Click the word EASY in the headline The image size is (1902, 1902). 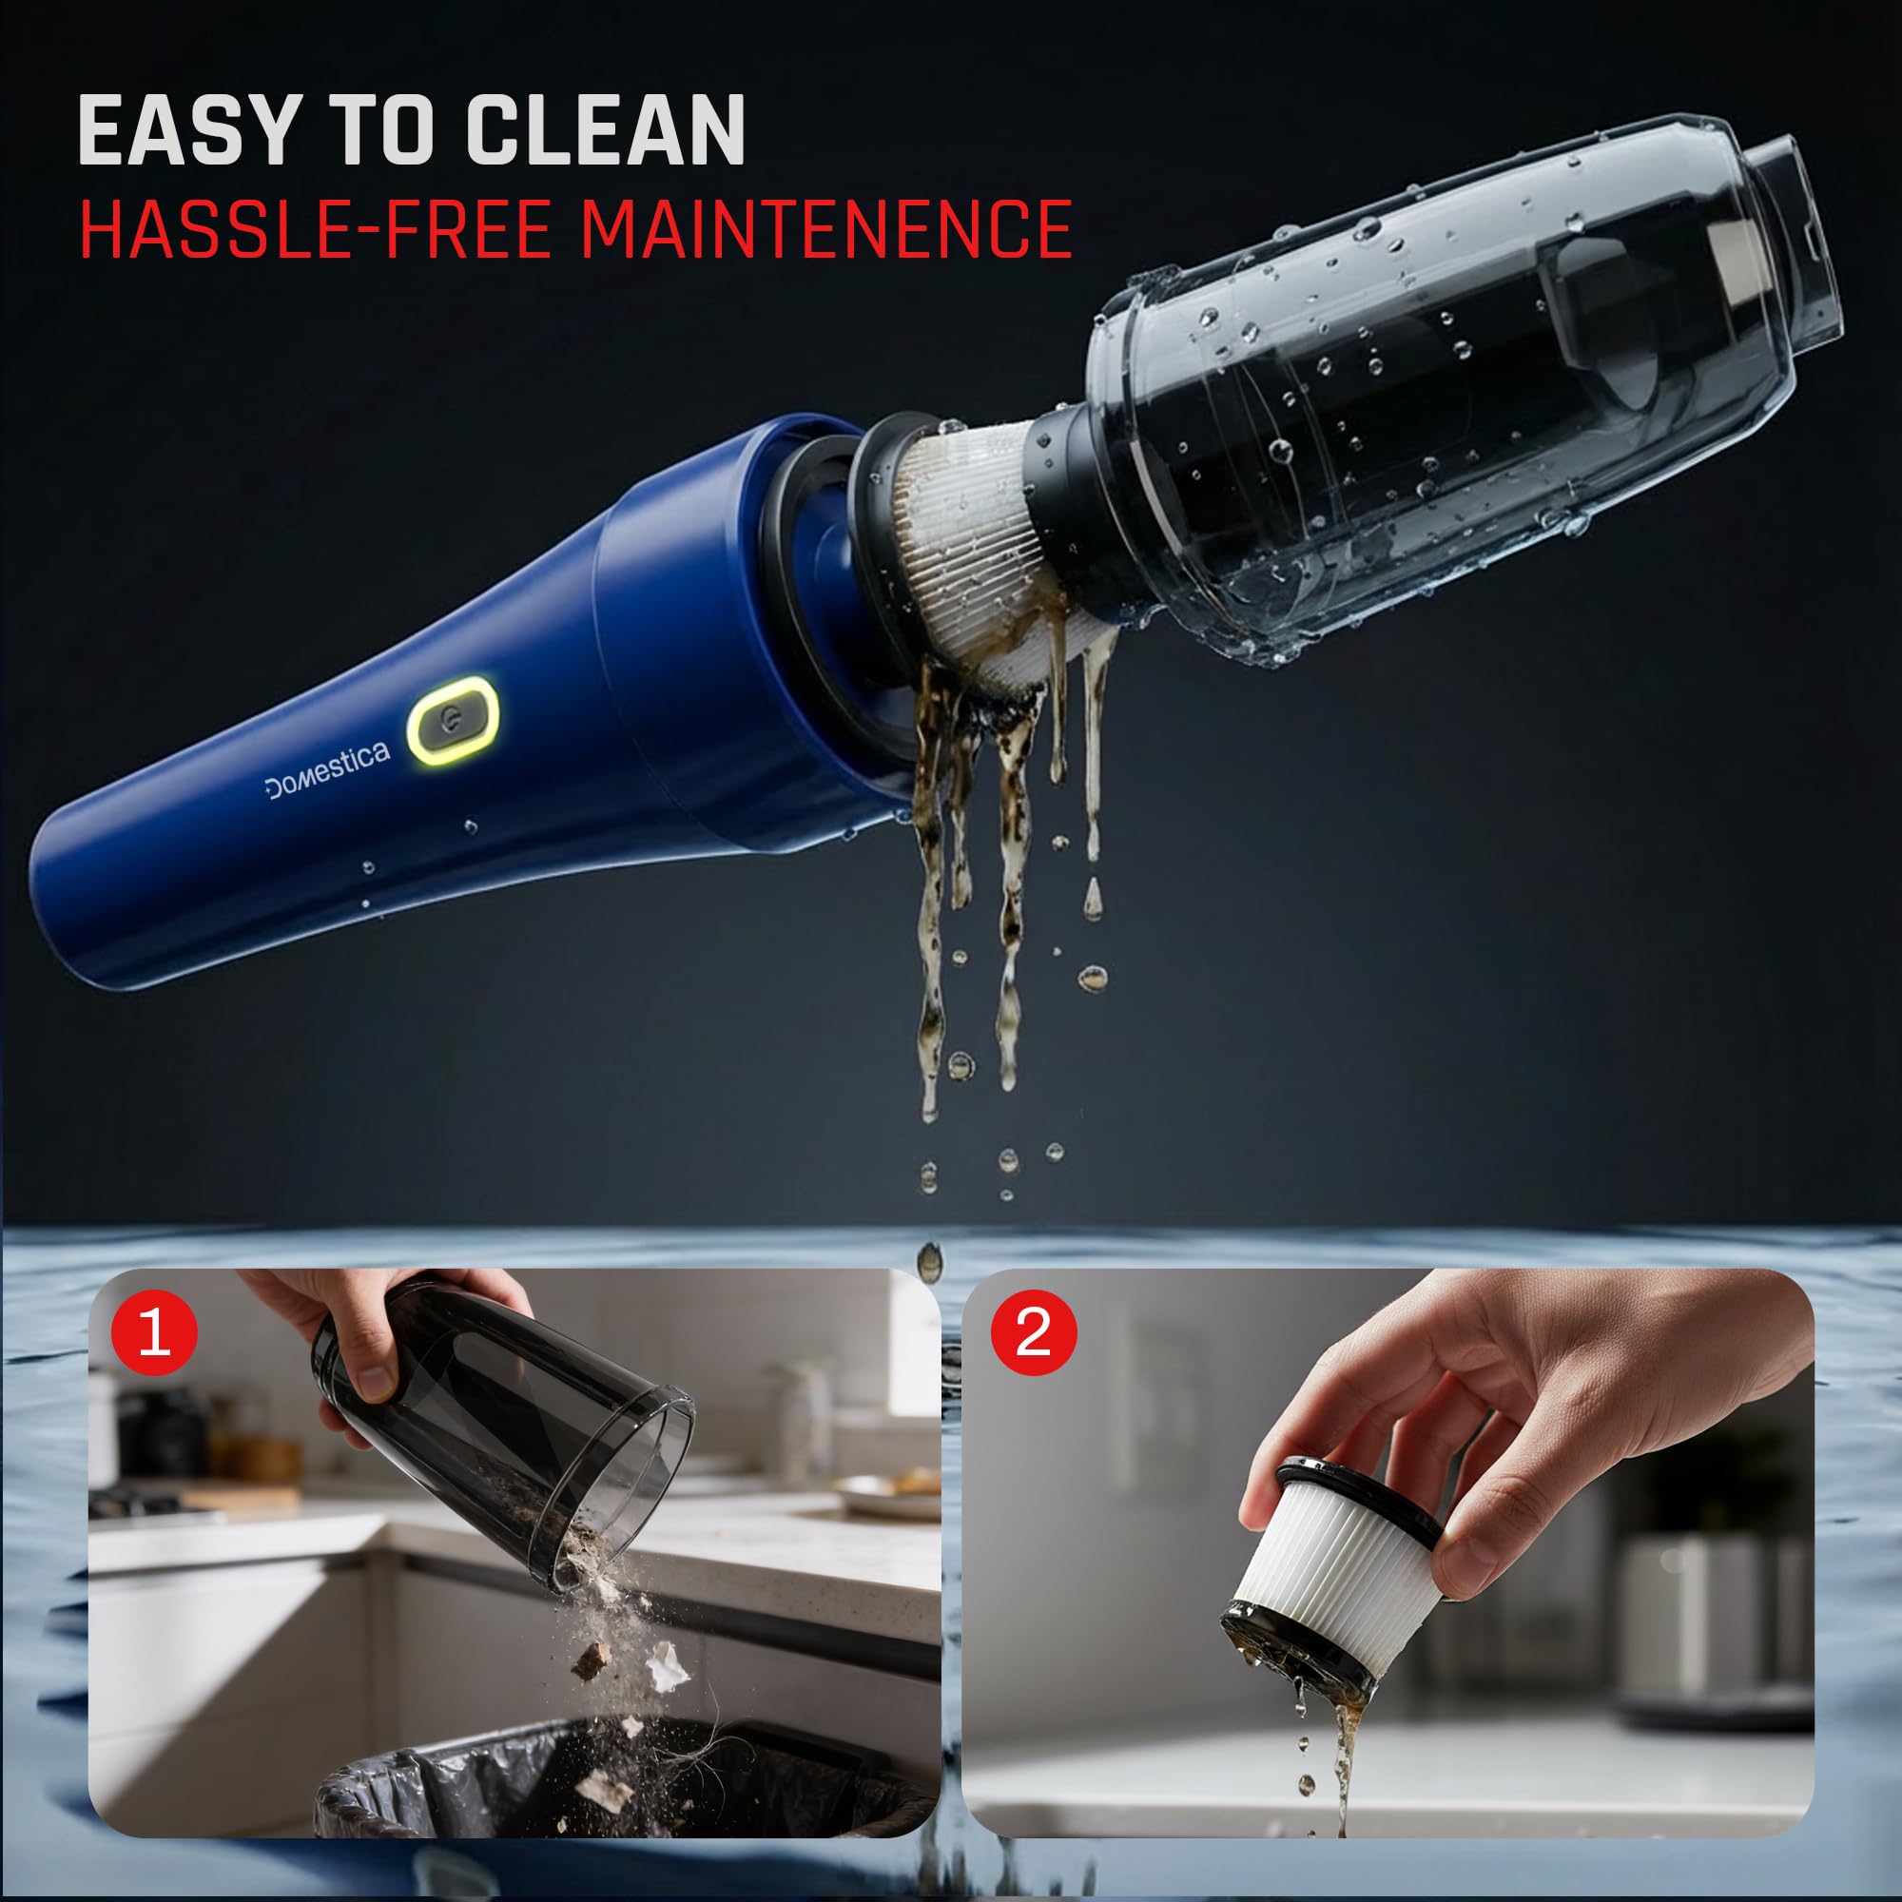point(187,130)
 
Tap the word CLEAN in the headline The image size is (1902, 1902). point(605,130)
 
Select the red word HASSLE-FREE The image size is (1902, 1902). point(315,228)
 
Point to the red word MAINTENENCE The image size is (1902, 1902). point(825,228)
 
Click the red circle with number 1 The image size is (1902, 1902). point(155,1333)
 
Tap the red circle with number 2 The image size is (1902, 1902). point(1033,1333)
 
